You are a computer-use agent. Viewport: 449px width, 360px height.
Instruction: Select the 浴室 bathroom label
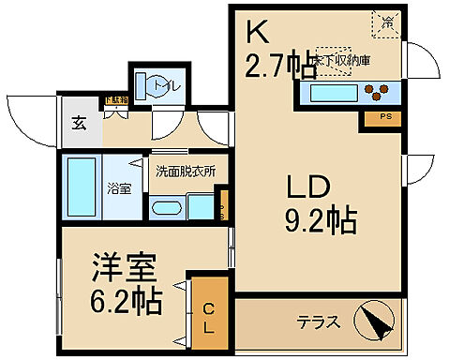[x=119, y=187]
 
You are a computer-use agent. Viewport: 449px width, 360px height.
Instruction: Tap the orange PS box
[x=386, y=117]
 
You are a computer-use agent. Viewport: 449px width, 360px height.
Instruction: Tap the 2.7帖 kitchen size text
[x=279, y=66]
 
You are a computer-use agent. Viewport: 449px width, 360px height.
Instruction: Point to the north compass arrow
[x=380, y=322]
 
